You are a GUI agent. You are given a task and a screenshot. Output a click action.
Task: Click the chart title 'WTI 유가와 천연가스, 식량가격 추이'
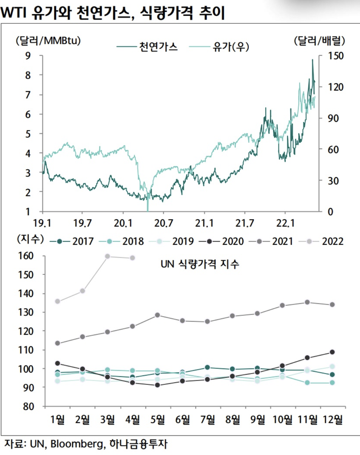[x=112, y=13]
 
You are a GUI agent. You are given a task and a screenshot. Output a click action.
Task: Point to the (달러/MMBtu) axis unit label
[x=48, y=41]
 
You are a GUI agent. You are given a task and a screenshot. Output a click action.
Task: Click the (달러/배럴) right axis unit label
[x=319, y=41]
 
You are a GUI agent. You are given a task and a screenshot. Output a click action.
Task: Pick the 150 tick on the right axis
[x=335, y=56]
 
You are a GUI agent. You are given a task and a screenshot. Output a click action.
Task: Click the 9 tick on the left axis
[x=28, y=56]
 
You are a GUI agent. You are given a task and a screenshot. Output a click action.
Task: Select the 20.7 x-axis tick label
[x=164, y=223]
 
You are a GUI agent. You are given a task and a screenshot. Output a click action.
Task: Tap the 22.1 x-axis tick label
[x=285, y=223]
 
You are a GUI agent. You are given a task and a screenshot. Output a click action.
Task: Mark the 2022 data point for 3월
[x=107, y=256]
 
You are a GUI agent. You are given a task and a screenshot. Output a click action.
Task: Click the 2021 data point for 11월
[x=307, y=302]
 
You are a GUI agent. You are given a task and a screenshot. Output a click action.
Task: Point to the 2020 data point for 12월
[x=332, y=352]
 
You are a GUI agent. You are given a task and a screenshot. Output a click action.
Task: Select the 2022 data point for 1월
[x=58, y=301]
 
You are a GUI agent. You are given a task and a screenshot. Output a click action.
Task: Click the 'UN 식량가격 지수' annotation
[x=200, y=264]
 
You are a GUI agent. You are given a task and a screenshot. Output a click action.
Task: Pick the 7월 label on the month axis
[x=208, y=419]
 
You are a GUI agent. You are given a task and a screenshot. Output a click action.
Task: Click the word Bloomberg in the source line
[x=76, y=444]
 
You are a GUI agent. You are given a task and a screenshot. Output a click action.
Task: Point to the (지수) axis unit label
[x=30, y=239]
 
